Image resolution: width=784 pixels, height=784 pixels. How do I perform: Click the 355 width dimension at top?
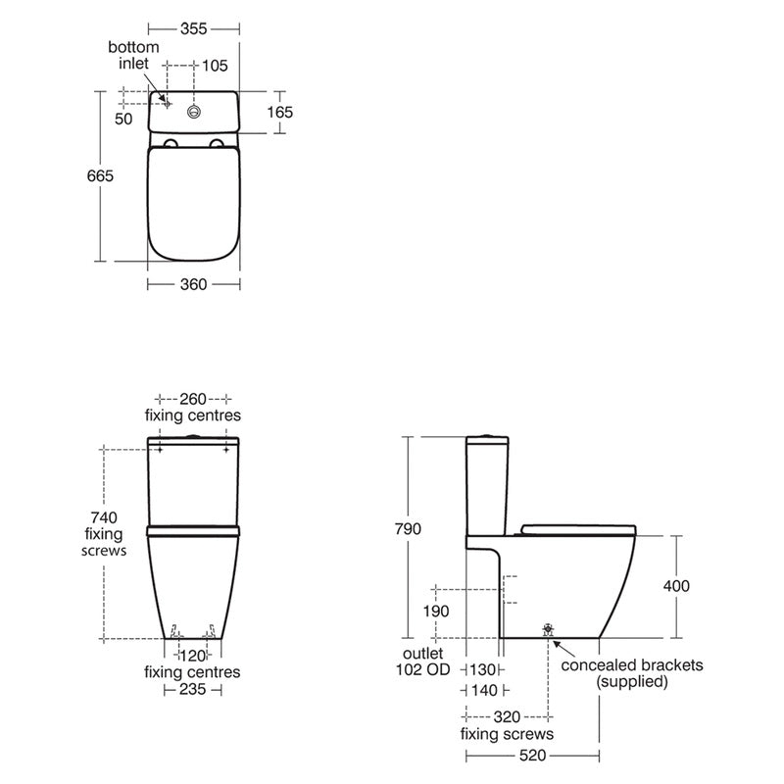click(x=193, y=29)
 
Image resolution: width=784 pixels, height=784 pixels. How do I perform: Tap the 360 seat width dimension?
click(x=193, y=284)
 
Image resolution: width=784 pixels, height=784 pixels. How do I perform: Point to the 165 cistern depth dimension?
click(x=280, y=112)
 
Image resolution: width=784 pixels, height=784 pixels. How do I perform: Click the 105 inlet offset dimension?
click(x=214, y=66)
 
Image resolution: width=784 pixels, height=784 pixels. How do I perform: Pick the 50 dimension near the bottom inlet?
click(x=123, y=118)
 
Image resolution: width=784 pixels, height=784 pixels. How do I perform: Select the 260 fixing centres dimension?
click(x=193, y=399)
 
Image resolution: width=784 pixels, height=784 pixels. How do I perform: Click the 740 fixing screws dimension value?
click(x=103, y=517)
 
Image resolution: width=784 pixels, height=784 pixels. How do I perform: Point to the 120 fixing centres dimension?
click(x=192, y=655)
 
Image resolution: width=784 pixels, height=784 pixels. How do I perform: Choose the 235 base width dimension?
click(x=192, y=690)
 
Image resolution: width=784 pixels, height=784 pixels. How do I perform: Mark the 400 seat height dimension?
click(x=676, y=586)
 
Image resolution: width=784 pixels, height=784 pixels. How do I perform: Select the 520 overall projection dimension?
click(x=531, y=756)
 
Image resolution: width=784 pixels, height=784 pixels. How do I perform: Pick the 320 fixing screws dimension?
click(x=507, y=716)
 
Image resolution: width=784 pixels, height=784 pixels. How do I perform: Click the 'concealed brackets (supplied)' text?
click(x=632, y=673)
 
